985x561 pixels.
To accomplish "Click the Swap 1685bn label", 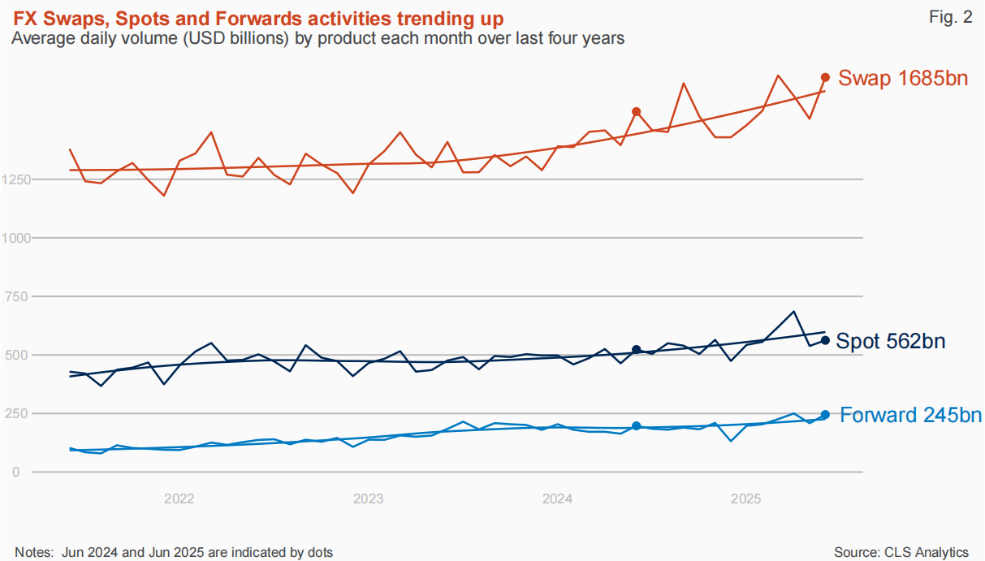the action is [x=903, y=78].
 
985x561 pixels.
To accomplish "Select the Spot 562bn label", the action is [x=891, y=341].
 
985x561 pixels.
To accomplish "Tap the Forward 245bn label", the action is [x=910, y=415].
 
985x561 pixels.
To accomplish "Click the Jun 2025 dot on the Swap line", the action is [x=825, y=77].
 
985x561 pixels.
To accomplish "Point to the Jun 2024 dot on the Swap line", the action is [x=637, y=112].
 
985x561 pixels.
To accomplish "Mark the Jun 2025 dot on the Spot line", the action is [x=825, y=340].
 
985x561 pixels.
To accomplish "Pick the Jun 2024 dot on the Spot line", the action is [x=637, y=350].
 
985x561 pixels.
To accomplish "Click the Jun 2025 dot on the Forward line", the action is [x=825, y=415].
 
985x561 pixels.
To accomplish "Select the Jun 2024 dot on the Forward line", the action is [x=637, y=426].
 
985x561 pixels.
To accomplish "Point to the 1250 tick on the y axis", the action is [x=16, y=179].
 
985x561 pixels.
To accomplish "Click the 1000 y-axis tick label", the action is [x=16, y=239].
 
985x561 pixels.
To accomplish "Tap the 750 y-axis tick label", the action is [x=16, y=297].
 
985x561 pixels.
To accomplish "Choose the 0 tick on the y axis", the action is [x=16, y=473].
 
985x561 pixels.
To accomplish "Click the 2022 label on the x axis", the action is [x=179, y=499].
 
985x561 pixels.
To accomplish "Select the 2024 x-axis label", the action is [x=557, y=499].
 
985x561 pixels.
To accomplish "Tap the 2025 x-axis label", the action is [x=745, y=499].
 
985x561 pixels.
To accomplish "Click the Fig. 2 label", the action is [x=950, y=17].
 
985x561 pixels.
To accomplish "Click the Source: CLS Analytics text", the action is [x=901, y=552].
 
